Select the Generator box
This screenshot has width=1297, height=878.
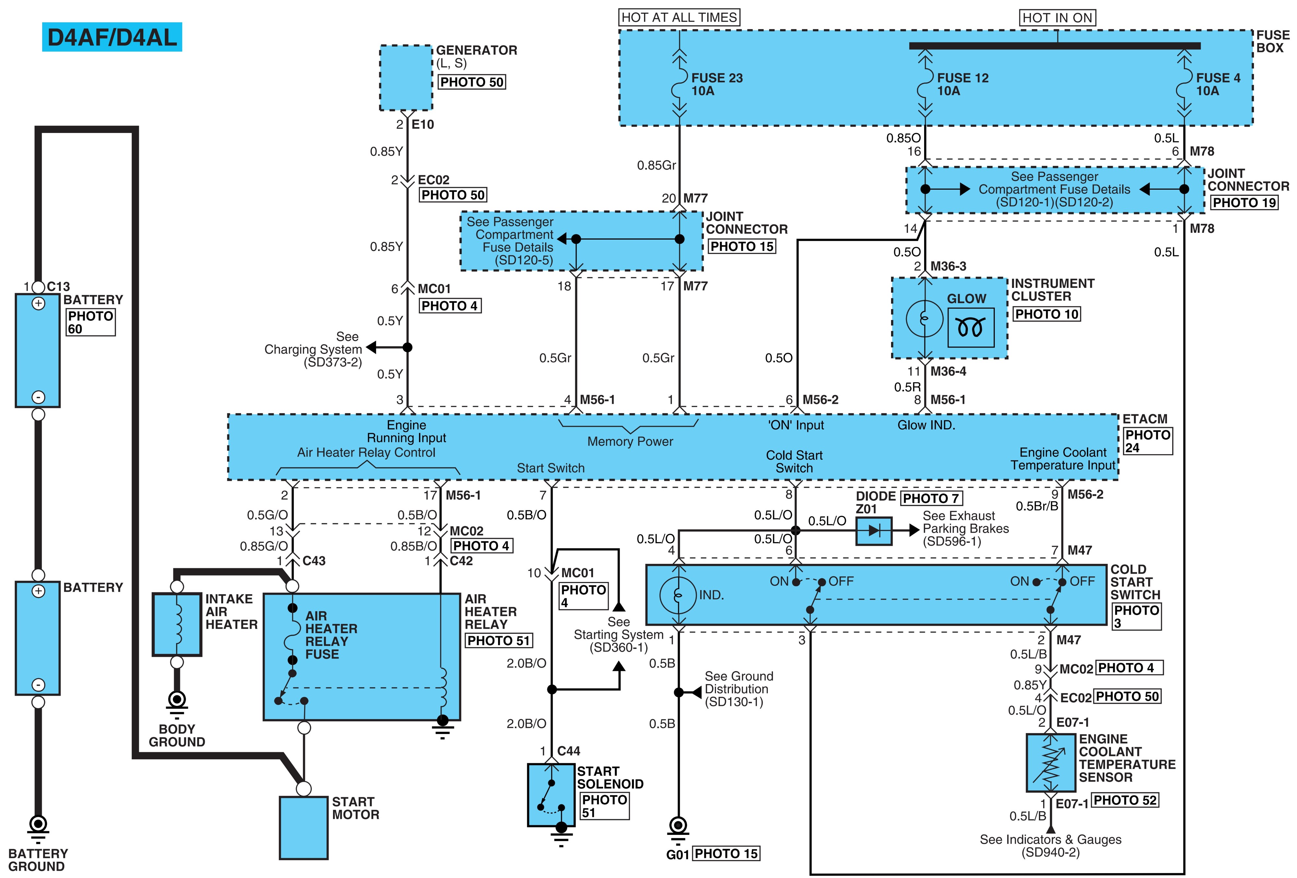(x=406, y=77)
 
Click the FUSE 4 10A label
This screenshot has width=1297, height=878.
(x=1218, y=84)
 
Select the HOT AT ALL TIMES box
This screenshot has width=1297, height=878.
(x=679, y=17)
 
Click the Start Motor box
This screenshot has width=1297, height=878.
(x=303, y=827)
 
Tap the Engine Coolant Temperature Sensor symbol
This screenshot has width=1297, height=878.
(x=1051, y=763)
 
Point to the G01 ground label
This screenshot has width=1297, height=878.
(x=678, y=854)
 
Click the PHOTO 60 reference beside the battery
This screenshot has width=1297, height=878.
(x=90, y=323)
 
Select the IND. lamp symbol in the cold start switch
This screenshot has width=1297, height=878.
(x=678, y=595)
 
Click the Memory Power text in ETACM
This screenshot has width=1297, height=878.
(x=630, y=442)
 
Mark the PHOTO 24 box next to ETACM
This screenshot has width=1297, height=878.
(x=1148, y=441)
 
